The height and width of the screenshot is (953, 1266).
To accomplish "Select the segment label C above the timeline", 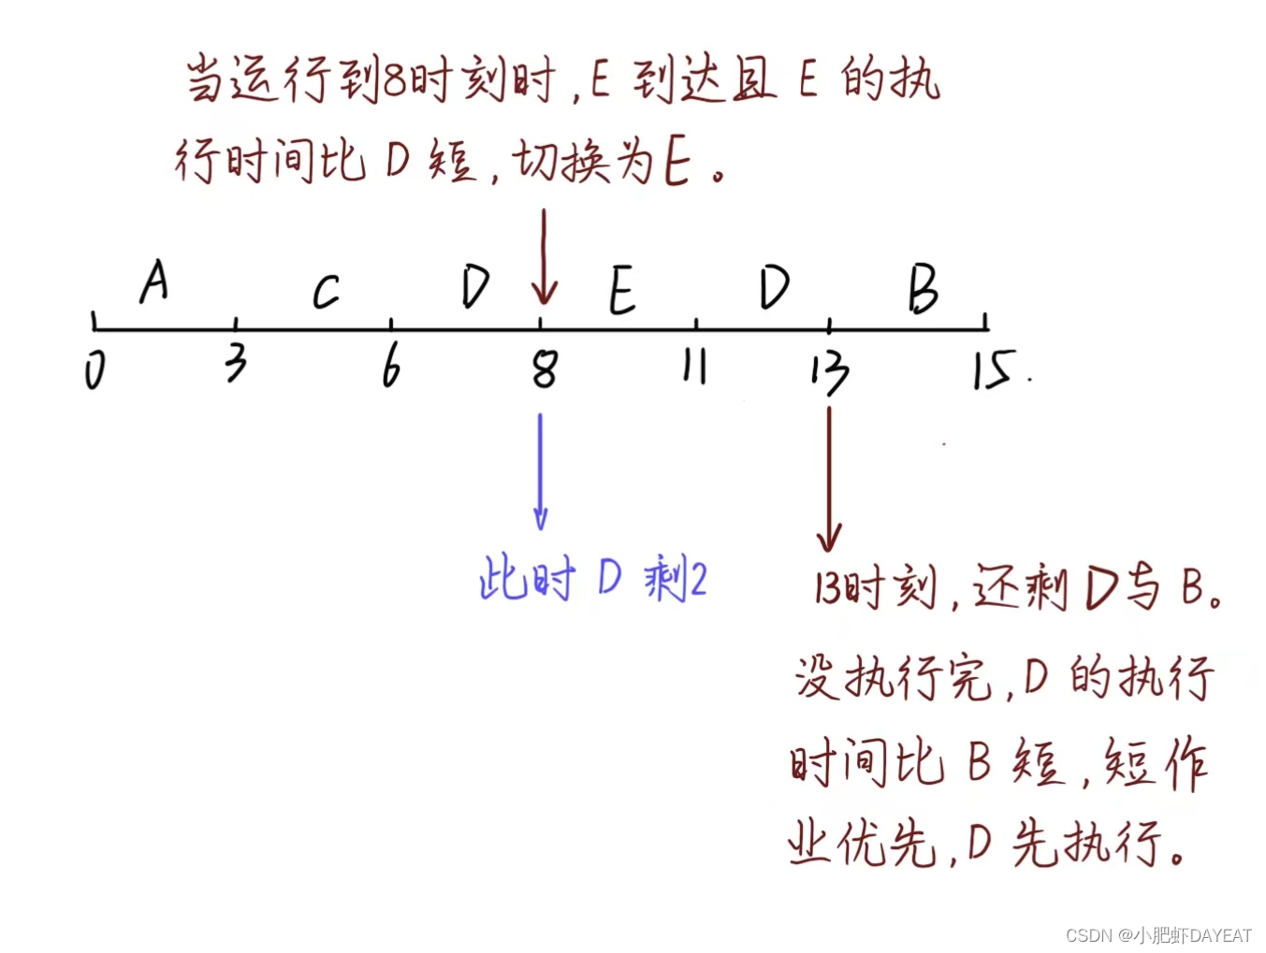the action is pyautogui.click(x=325, y=292).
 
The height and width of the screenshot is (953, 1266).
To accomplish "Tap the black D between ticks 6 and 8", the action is pyautogui.click(x=475, y=286).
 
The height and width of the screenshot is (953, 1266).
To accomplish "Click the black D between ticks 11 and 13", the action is pyautogui.click(x=774, y=286).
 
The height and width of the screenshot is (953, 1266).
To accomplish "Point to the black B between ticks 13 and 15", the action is pyautogui.click(x=923, y=288).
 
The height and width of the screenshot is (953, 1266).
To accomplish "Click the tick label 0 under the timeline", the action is pyautogui.click(x=95, y=369).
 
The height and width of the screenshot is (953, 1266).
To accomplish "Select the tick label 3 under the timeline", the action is pyautogui.click(x=236, y=363).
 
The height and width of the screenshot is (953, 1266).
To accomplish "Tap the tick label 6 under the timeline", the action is pyautogui.click(x=391, y=364).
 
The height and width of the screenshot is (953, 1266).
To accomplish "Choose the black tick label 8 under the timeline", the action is pyautogui.click(x=545, y=368).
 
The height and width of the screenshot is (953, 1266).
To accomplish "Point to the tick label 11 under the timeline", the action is pyautogui.click(x=693, y=367).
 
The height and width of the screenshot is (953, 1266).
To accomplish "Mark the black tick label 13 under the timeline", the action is pyautogui.click(x=829, y=371).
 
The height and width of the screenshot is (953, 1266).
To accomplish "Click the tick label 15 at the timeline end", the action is pyautogui.click(x=992, y=369).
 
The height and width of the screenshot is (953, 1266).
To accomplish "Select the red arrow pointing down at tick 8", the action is pyautogui.click(x=544, y=257).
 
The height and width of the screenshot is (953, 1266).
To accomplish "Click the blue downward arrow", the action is pyautogui.click(x=540, y=471).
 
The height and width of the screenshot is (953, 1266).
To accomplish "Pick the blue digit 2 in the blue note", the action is pyautogui.click(x=696, y=581).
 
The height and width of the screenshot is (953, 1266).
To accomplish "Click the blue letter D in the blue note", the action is pyautogui.click(x=609, y=578).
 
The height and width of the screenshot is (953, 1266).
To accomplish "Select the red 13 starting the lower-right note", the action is pyautogui.click(x=827, y=588).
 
